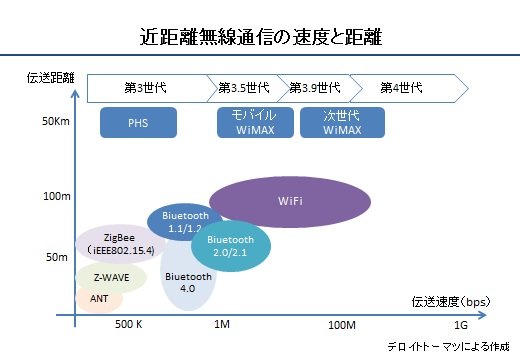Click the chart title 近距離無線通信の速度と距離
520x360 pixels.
(x=261, y=37)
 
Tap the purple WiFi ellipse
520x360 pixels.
(x=290, y=202)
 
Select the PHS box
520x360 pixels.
(x=138, y=122)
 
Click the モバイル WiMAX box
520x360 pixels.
(x=255, y=122)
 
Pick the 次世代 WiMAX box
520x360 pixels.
(x=342, y=122)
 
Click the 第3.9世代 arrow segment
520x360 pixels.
(x=316, y=88)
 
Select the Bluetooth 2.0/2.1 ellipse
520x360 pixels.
(x=231, y=246)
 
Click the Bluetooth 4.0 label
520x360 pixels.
(x=188, y=282)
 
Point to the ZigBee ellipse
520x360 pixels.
(x=120, y=244)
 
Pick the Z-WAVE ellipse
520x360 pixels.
(x=111, y=277)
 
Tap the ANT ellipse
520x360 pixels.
(x=99, y=299)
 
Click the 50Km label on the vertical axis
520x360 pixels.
(x=56, y=121)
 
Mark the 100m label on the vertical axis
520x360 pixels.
(x=57, y=196)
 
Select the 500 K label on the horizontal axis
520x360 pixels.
(x=129, y=324)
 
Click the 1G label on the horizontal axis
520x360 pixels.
(x=461, y=325)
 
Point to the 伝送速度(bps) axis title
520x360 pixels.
(x=451, y=302)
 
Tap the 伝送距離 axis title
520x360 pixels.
(x=51, y=78)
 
